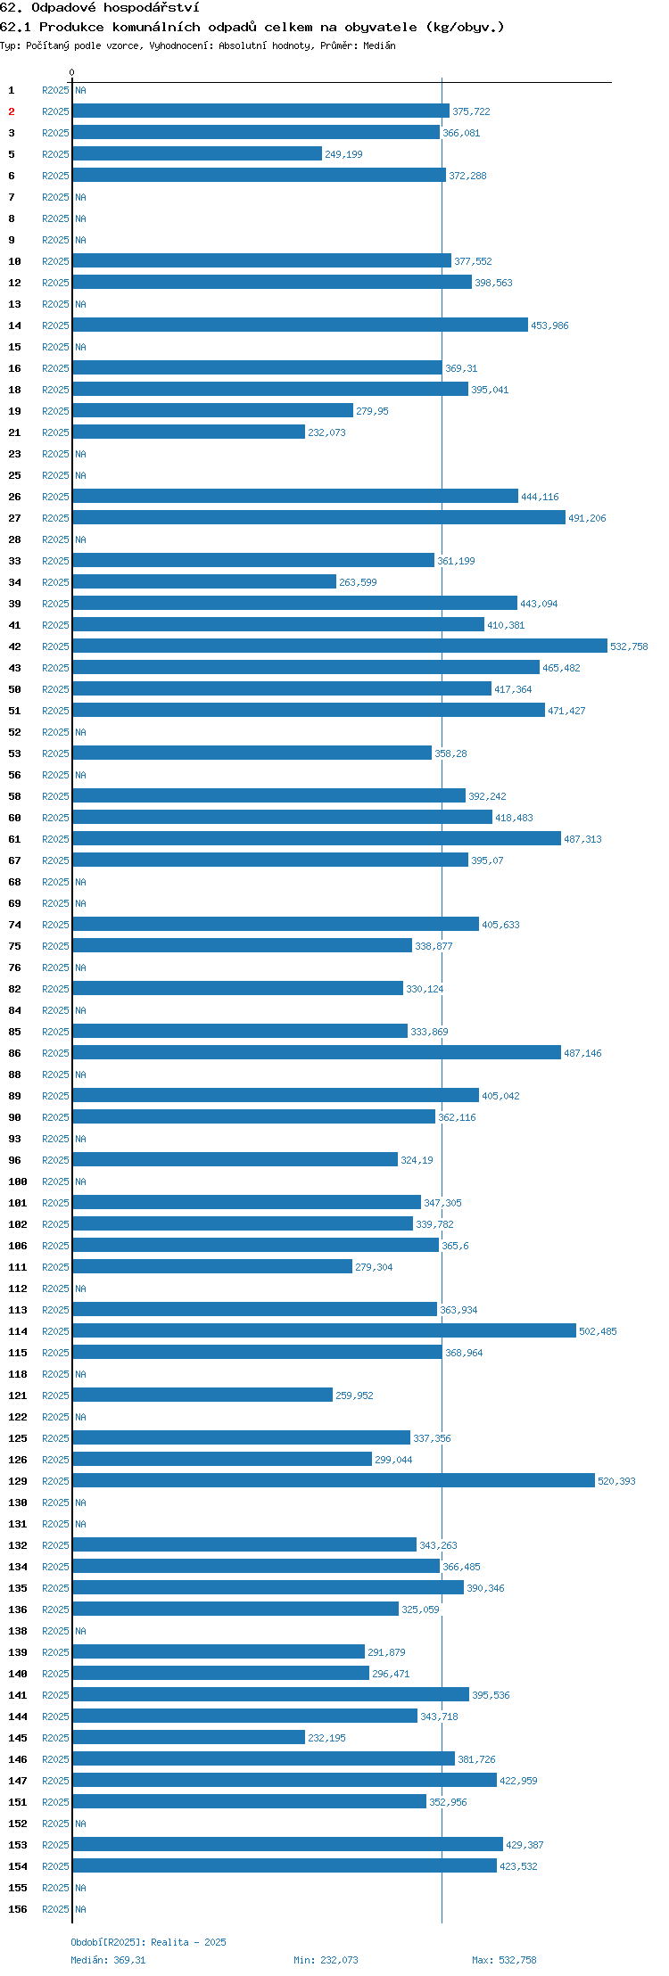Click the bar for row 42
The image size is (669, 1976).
coord(340,646)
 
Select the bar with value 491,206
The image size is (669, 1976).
coord(319,517)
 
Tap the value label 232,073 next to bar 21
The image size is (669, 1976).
coord(326,432)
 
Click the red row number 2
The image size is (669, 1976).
coord(12,111)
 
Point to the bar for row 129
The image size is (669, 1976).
coord(334,1480)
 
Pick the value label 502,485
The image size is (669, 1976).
coord(598,1331)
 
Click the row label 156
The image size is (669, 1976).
coord(18,1909)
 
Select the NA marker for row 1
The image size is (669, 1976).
coord(80,90)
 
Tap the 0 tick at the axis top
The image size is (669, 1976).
coord(72,72)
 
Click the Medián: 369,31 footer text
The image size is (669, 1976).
coord(108,1960)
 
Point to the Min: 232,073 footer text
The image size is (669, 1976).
coord(326,1960)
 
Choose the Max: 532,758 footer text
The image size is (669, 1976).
coord(504,1960)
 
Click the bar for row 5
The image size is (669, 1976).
coord(197,153)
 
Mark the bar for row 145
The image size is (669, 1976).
coord(189,1737)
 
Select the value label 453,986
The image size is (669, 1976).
coord(549,325)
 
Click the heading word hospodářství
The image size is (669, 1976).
coord(151,7)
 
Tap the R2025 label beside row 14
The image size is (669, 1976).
coord(55,325)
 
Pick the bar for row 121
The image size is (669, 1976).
coord(202,1395)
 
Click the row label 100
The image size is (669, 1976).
coord(18,1181)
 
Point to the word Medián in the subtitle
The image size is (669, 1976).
coord(379,45)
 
